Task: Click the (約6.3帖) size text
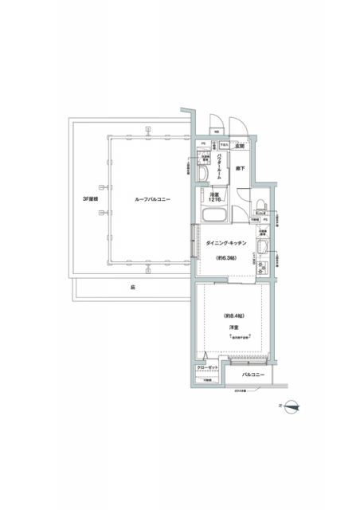pyautogui.click(x=227, y=257)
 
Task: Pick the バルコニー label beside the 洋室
pyautogui.click(x=252, y=373)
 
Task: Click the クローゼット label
pyautogui.click(x=206, y=368)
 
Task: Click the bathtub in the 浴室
pyautogui.click(x=213, y=217)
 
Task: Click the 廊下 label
pyautogui.click(x=239, y=169)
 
